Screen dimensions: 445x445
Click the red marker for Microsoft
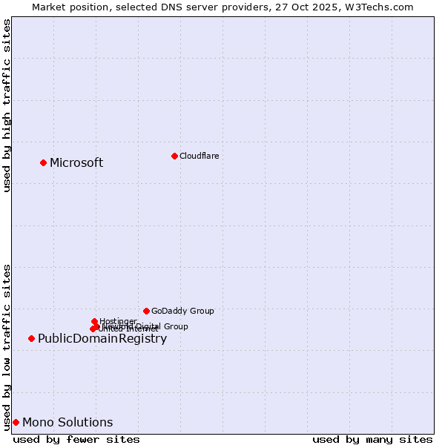(x=43, y=162)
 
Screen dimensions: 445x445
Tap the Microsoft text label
(x=76, y=163)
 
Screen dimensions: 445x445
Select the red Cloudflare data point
(x=174, y=156)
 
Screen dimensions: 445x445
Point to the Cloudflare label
(x=199, y=156)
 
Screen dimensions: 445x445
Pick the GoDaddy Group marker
(x=146, y=311)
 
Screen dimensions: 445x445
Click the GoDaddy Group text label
(x=182, y=311)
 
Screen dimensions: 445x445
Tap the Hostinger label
(x=118, y=321)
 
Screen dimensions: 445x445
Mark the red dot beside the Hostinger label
(x=94, y=321)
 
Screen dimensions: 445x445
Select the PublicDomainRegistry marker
(x=31, y=338)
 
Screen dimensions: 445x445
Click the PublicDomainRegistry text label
(x=102, y=339)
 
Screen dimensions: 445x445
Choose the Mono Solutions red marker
(x=16, y=422)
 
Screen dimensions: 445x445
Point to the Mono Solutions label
(x=67, y=423)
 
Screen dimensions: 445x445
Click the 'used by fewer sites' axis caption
(x=76, y=439)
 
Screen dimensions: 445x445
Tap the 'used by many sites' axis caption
(x=372, y=439)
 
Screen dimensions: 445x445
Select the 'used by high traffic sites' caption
(x=7, y=105)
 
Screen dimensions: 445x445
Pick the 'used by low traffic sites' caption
(x=7, y=346)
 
